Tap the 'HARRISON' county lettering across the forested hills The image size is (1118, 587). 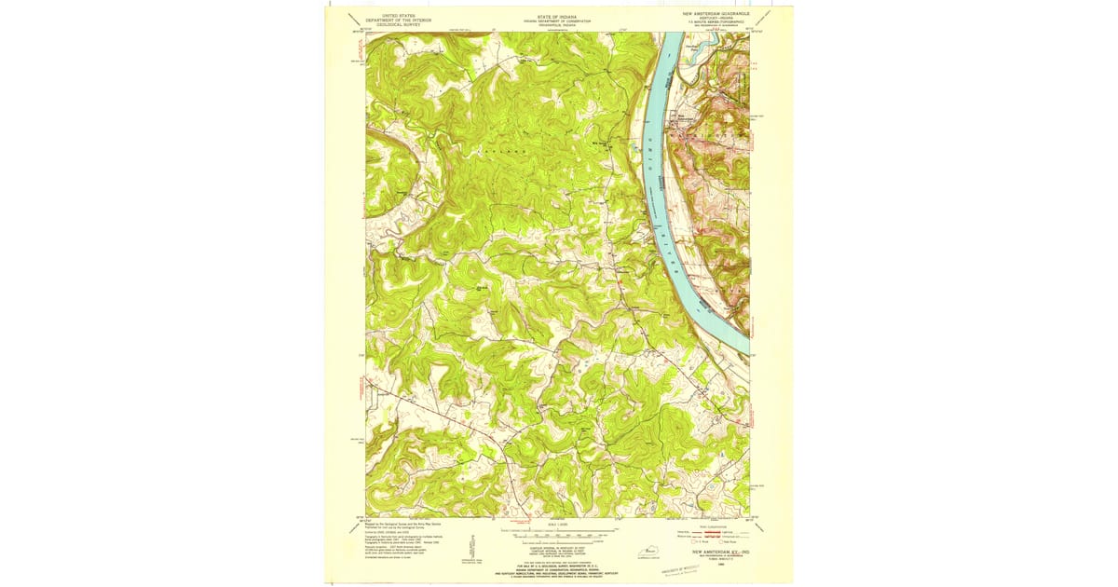(503, 150)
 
